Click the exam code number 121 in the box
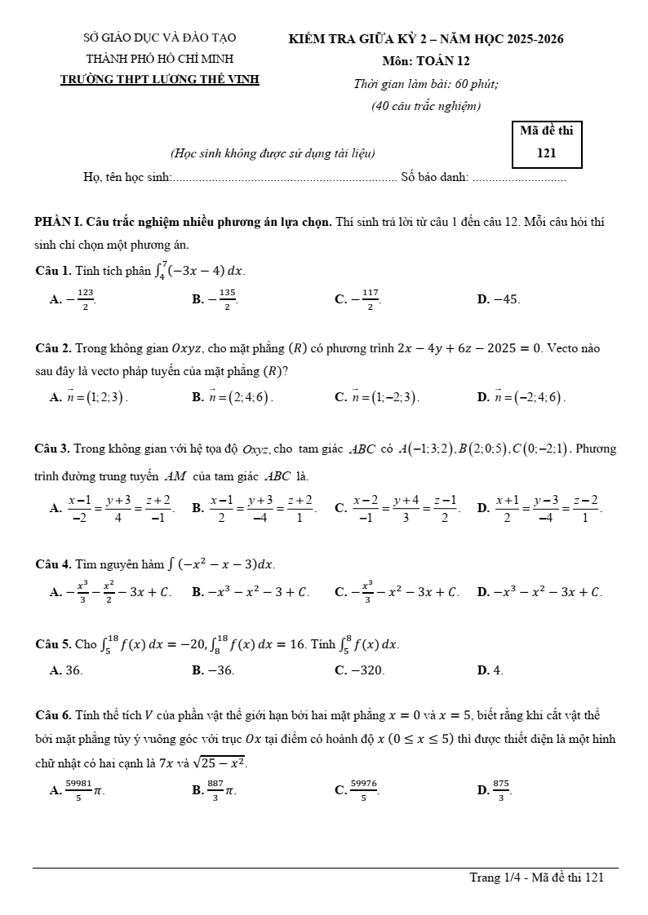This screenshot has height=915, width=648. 547,152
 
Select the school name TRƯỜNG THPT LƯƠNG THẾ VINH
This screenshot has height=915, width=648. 160,80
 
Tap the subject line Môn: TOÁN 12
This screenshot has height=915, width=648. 425,60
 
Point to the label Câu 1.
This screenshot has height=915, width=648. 54,270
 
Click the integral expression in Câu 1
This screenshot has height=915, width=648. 198,269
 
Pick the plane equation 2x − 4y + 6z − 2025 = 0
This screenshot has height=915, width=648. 469,349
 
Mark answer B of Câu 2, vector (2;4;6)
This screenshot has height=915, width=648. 233,397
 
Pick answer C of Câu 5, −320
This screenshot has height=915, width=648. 360,670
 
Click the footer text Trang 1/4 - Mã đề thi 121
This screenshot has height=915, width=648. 536,877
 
